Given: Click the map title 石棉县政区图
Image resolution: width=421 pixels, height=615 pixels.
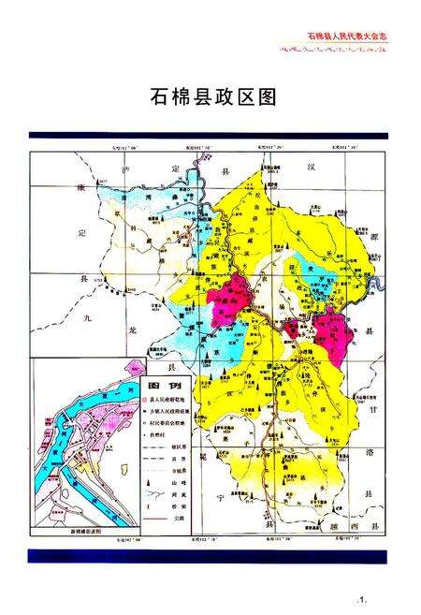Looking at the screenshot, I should pyautogui.click(x=212, y=97).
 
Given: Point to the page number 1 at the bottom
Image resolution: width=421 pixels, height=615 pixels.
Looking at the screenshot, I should pyautogui.click(x=360, y=596).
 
